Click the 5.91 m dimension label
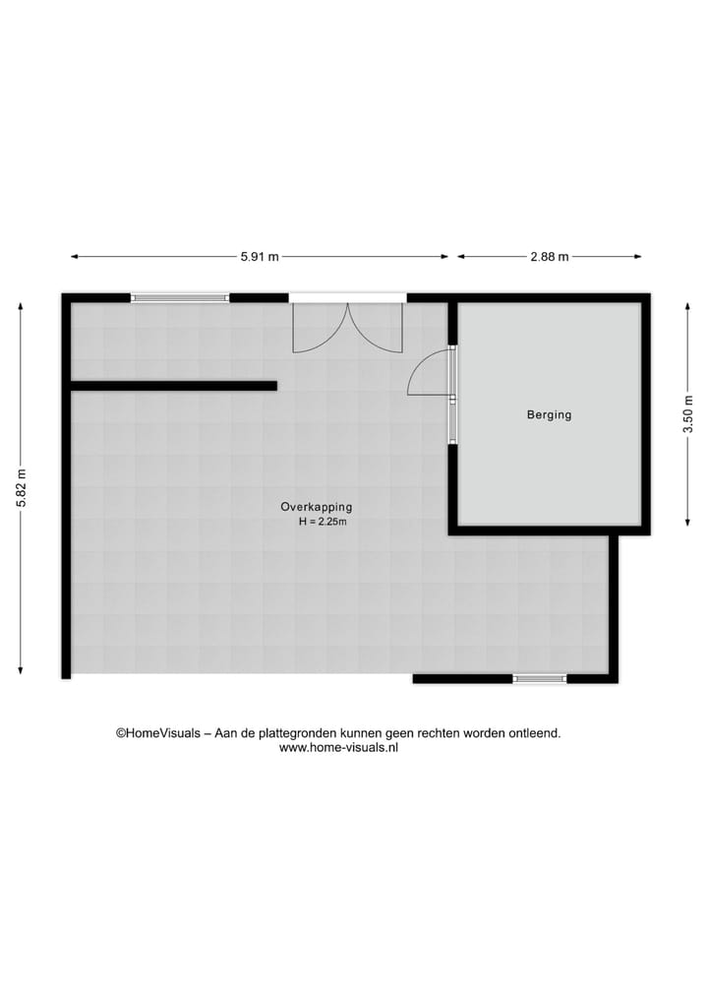260,257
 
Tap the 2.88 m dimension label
550,257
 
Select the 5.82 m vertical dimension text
21,487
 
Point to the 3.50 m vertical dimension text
688,413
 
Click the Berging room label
549,414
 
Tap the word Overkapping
316,507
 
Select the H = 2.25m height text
323,522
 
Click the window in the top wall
180,296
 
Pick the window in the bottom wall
539,678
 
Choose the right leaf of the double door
379,331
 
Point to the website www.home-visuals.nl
338,747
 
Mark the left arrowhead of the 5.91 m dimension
74,257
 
